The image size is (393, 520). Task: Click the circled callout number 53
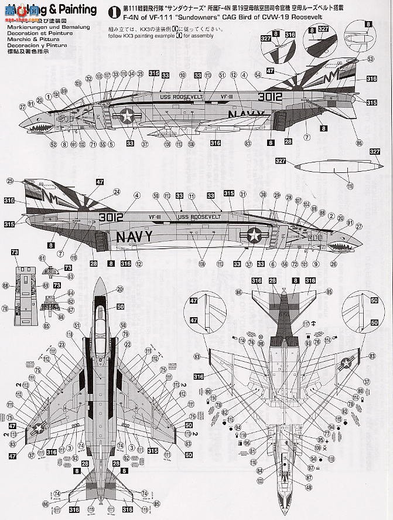point(370,59)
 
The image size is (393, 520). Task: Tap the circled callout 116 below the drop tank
point(350,186)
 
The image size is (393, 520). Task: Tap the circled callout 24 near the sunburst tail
point(117,192)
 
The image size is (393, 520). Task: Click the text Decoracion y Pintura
point(30,45)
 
